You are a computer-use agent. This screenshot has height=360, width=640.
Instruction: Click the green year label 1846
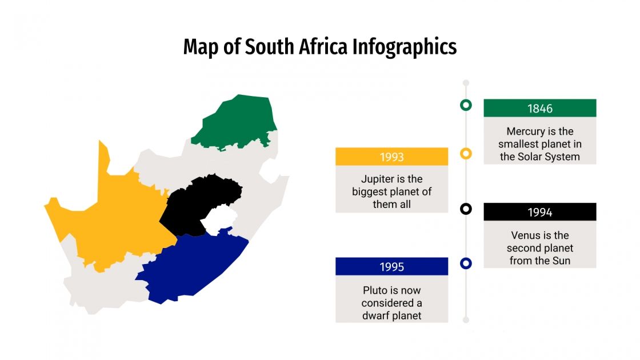tap(539, 108)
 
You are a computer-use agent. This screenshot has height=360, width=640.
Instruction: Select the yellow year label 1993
tap(391, 157)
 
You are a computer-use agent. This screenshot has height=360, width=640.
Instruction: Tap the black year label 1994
tap(539, 212)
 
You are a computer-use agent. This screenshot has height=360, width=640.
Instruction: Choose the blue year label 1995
tap(391, 267)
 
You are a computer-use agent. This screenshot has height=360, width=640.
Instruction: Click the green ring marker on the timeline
tap(466, 105)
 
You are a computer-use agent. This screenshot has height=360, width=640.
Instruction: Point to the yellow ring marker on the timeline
tap(466, 153)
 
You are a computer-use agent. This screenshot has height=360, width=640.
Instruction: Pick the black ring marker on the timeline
tap(466, 209)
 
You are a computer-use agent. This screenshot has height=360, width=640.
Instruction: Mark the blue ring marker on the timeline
tap(466, 263)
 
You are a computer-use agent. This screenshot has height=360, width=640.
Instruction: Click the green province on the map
tap(237, 123)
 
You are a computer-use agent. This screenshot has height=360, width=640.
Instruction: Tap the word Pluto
tap(375, 290)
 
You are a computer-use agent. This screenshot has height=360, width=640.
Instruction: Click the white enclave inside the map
tap(220, 220)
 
